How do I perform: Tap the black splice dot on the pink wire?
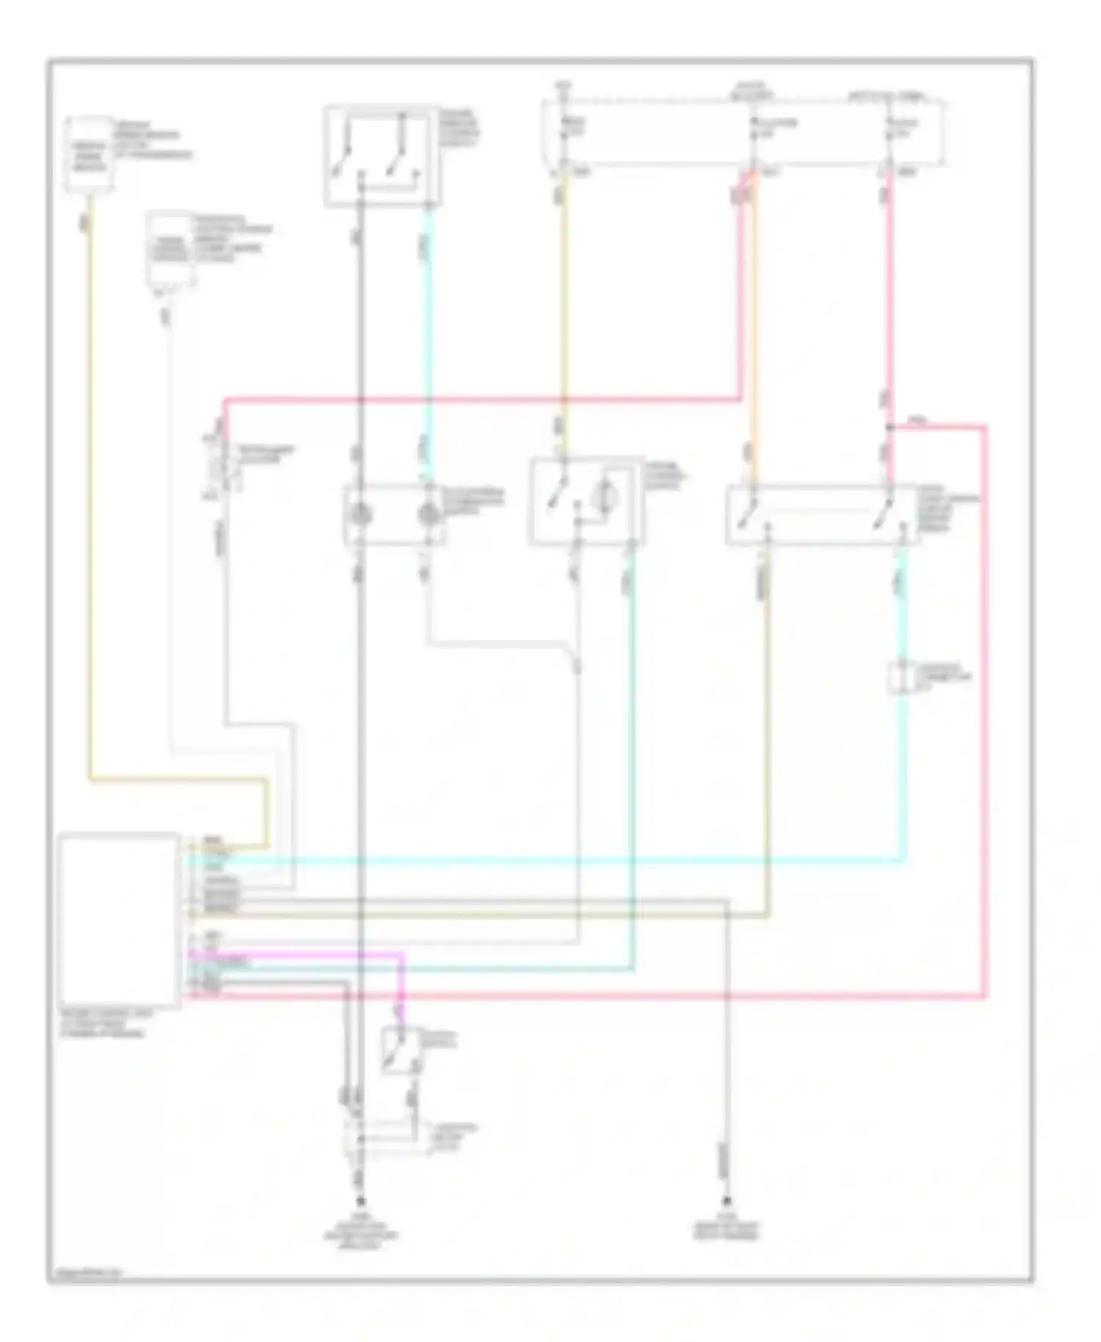889,427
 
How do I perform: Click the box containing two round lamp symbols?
394,515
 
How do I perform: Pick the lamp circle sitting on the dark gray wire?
360,515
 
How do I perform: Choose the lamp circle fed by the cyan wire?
429,515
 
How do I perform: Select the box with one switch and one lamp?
585,501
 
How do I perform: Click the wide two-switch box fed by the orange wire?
822,515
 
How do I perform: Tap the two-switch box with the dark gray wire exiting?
381,155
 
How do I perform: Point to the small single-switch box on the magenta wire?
401,1051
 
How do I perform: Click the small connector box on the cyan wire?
904,676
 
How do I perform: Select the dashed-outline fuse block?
743,133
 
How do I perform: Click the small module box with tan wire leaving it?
90,153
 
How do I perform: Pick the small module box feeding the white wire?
170,250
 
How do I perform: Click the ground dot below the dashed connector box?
360,1203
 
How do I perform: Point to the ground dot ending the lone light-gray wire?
727,1203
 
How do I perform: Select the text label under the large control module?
103,1023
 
